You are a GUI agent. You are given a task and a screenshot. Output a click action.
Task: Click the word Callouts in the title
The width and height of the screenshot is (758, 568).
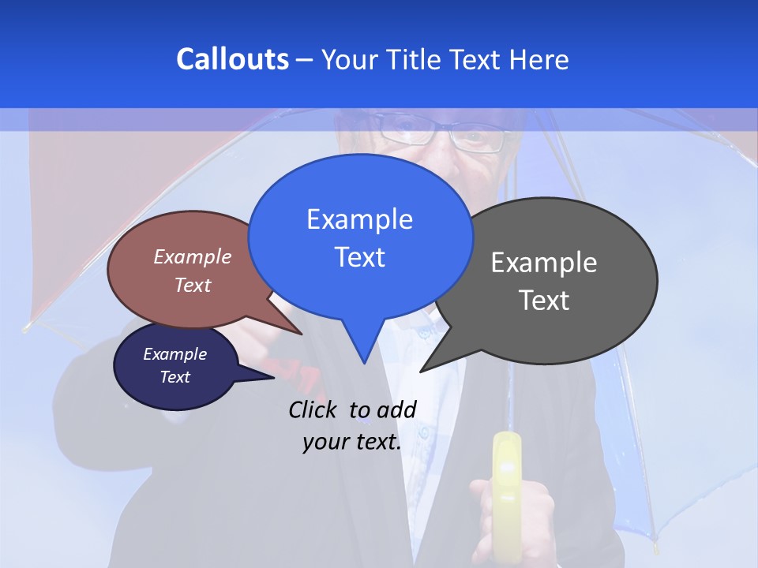pyautogui.click(x=232, y=59)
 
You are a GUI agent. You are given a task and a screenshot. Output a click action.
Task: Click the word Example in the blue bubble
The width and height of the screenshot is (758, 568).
pyautogui.click(x=359, y=219)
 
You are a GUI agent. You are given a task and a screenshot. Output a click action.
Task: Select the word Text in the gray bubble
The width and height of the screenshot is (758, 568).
pyautogui.click(x=544, y=301)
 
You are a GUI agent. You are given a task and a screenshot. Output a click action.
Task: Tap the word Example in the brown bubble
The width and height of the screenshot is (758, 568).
pyautogui.click(x=193, y=257)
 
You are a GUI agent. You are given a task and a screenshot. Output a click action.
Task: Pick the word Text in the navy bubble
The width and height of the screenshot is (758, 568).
pyautogui.click(x=175, y=377)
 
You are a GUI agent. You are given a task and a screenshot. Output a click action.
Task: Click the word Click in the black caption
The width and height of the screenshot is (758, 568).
pyautogui.click(x=313, y=409)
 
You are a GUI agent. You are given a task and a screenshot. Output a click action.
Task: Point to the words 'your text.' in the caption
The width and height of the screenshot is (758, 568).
pyautogui.click(x=351, y=443)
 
